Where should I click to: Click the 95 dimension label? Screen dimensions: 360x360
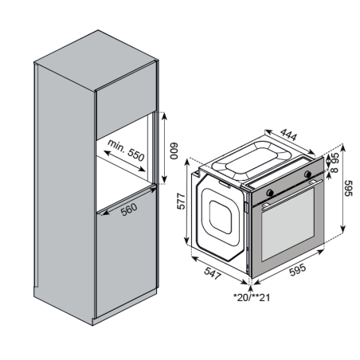tap(335, 159)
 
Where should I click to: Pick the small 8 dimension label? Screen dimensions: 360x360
tap(335, 170)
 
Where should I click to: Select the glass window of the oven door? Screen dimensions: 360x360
tap(288, 227)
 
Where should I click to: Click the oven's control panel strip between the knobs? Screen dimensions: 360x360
tap(291, 183)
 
